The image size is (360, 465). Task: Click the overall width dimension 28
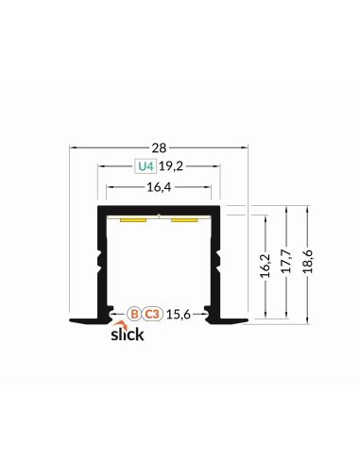[159, 147]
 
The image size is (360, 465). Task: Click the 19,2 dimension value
[171, 169]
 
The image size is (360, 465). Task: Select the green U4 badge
[144, 169]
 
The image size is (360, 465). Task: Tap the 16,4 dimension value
[159, 188]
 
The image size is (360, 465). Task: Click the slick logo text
[128, 336]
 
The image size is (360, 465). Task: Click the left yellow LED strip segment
[132, 219]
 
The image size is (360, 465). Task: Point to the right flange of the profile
[234, 321]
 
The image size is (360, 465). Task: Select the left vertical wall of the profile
[99, 265]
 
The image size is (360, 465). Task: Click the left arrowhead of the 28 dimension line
[74, 147]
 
